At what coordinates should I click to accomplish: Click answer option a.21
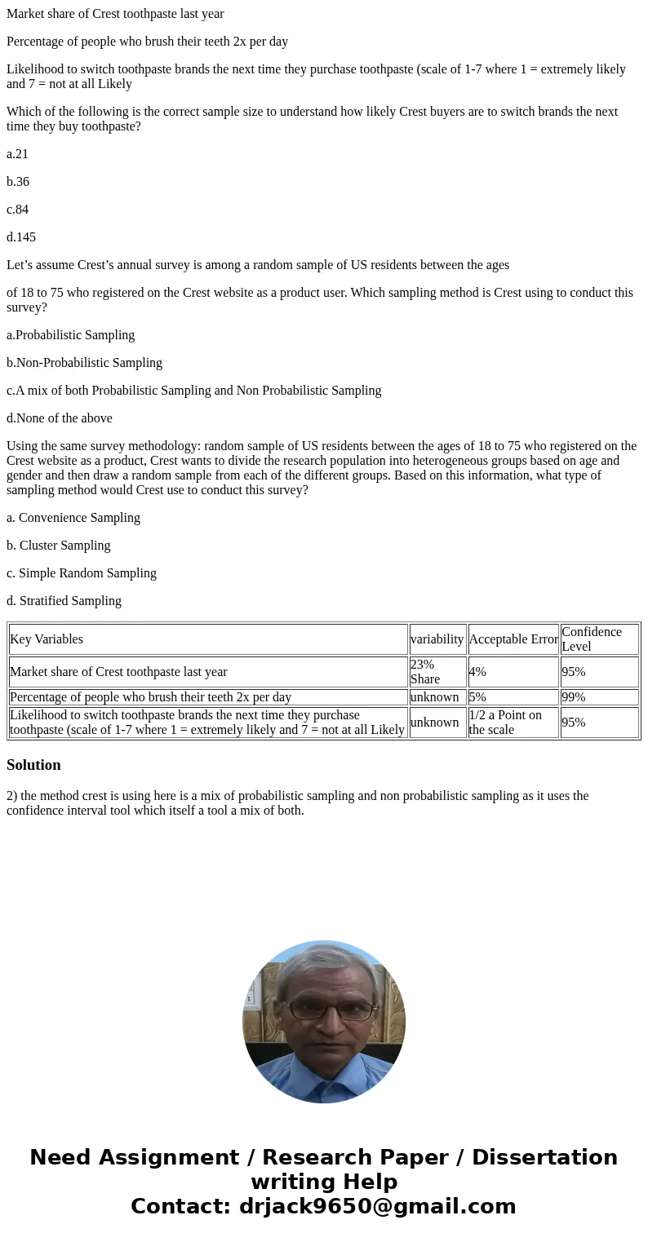(17, 154)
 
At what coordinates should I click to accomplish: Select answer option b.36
(18, 182)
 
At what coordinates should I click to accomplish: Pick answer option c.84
(17, 210)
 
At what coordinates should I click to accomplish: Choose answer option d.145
(21, 237)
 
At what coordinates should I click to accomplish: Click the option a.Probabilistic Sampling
(70, 335)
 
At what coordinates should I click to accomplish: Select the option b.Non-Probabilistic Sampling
(84, 363)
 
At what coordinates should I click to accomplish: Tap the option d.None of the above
(60, 418)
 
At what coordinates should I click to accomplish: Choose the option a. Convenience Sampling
(73, 518)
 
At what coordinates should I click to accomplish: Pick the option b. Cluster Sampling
(58, 546)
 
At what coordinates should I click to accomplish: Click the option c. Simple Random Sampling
(82, 573)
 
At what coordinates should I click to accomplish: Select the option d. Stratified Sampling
(64, 601)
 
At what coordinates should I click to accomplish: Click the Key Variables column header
(47, 639)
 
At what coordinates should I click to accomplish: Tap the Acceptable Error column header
(513, 639)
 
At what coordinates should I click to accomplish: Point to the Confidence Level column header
(592, 639)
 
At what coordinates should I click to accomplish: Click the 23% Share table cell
(424, 672)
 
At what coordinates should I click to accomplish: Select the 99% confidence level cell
(573, 697)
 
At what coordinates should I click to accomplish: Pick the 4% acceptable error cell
(477, 672)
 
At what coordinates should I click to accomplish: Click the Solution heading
(33, 765)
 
